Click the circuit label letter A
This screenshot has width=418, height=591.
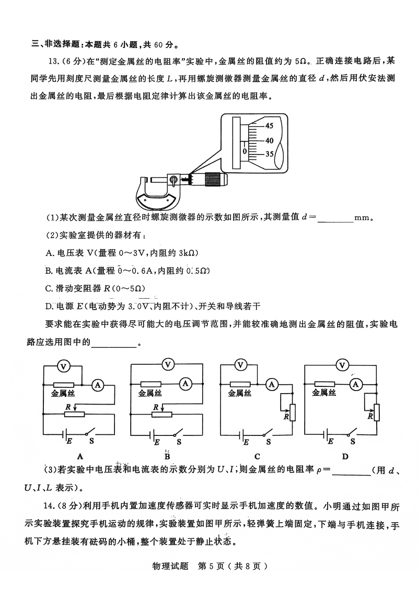click(80, 456)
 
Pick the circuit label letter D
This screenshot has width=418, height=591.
click(345, 456)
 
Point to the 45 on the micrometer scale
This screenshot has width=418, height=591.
click(269, 126)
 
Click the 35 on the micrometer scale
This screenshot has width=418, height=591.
click(269, 154)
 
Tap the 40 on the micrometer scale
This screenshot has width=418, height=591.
click(269, 140)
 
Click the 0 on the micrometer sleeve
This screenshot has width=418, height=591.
click(244, 151)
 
